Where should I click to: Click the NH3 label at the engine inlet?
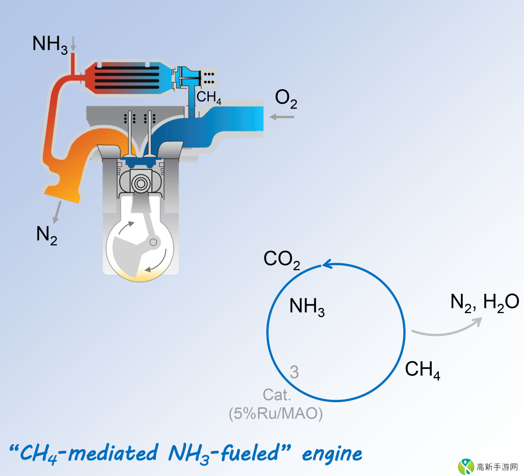pyautogui.click(x=49, y=44)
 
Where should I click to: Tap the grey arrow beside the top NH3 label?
pyautogui.click(x=73, y=43)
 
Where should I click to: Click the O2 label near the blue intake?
pyautogui.click(x=286, y=99)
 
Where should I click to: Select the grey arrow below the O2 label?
pyautogui.click(x=282, y=117)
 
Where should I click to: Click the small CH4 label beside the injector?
pyautogui.click(x=209, y=97)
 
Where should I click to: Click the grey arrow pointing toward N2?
pyautogui.click(x=57, y=212)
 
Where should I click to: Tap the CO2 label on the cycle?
pyautogui.click(x=282, y=259)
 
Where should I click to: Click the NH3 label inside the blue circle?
pyautogui.click(x=306, y=306)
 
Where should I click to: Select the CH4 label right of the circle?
pyautogui.click(x=422, y=370)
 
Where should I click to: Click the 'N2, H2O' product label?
pyautogui.click(x=484, y=302)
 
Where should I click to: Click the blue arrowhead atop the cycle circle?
pyautogui.click(x=327, y=264)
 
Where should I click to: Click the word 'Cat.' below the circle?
pyautogui.click(x=277, y=395)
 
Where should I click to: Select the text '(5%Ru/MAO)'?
pyautogui.click(x=275, y=413)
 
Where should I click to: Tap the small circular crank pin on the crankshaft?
pyautogui.click(x=153, y=242)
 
